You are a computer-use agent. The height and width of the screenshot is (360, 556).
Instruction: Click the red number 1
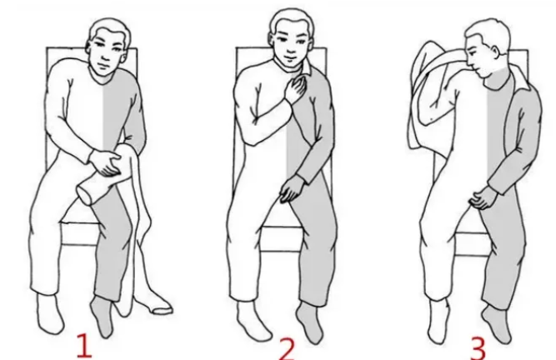84,345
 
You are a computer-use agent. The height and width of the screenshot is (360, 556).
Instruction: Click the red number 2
287,348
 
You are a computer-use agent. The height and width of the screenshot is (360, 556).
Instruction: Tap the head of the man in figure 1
108,47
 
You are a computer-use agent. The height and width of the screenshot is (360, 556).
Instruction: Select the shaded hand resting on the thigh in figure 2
292,188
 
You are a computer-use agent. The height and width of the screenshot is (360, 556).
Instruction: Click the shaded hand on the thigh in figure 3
483,197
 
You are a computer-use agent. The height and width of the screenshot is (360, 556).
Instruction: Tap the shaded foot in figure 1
103,315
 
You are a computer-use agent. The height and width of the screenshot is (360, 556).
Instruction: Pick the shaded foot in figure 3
497,324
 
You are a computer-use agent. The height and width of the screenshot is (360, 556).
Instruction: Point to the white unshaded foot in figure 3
439,322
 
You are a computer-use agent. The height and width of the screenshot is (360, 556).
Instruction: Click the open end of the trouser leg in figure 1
85,195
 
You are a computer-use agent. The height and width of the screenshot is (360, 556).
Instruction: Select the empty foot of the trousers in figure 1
153,304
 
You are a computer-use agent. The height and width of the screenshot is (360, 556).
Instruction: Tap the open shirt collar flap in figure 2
307,67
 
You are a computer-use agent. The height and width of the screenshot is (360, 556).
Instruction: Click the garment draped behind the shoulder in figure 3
428,96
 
